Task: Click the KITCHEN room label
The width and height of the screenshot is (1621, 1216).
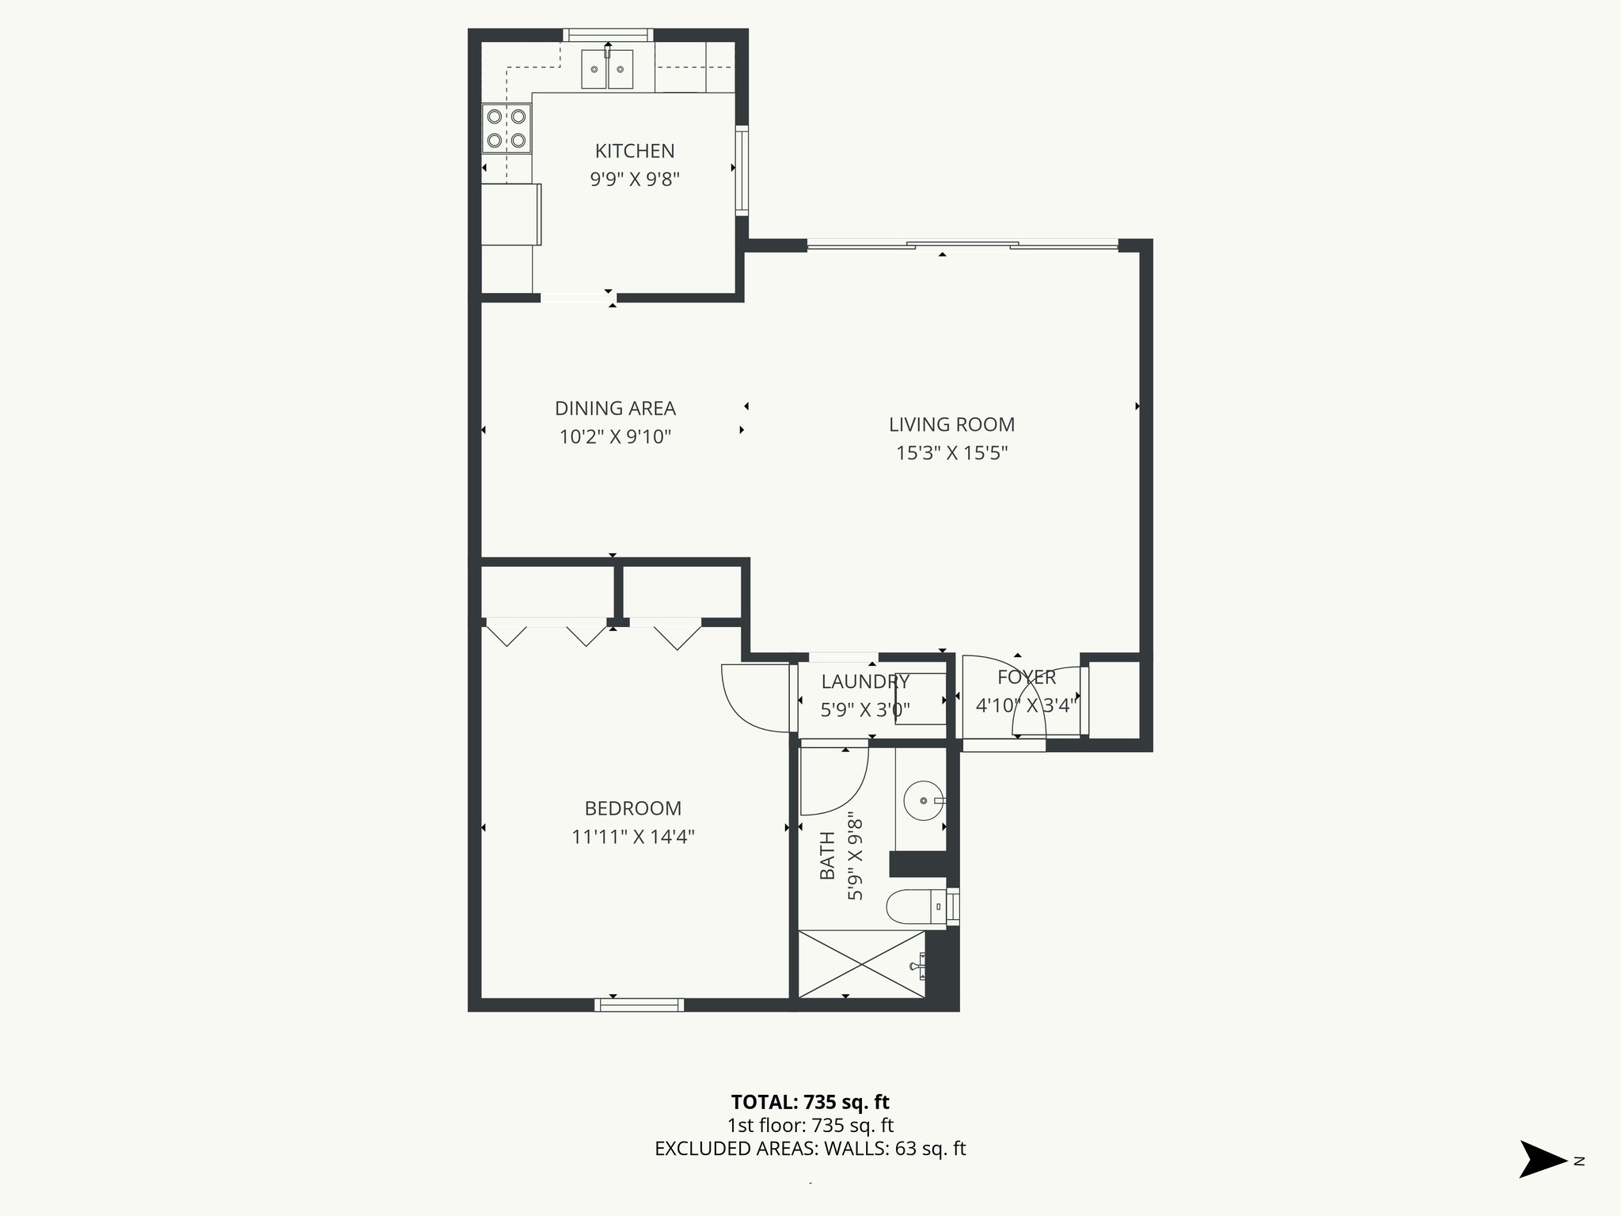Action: [635, 151]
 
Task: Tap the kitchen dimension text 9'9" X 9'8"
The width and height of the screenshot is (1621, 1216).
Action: [635, 180]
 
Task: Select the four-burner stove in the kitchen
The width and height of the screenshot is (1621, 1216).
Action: [507, 128]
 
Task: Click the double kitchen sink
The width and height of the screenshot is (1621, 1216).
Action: [607, 70]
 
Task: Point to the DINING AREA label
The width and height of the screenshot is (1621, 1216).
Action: [615, 408]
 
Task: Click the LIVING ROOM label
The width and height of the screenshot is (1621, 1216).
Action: [951, 424]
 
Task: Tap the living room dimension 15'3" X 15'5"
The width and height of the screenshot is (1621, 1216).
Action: [951, 453]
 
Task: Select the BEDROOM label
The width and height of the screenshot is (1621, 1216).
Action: [632, 808]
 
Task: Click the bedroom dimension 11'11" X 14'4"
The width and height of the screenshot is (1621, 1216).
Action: [632, 837]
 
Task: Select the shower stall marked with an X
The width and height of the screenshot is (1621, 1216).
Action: [861, 963]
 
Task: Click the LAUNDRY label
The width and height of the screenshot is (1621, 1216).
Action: [864, 682]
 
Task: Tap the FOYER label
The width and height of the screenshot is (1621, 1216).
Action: [1026, 677]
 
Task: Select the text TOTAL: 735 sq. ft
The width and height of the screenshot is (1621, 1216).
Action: [810, 1102]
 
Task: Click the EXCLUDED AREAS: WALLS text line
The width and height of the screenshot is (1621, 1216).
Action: [810, 1149]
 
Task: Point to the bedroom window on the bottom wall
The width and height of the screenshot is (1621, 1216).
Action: [639, 1005]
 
